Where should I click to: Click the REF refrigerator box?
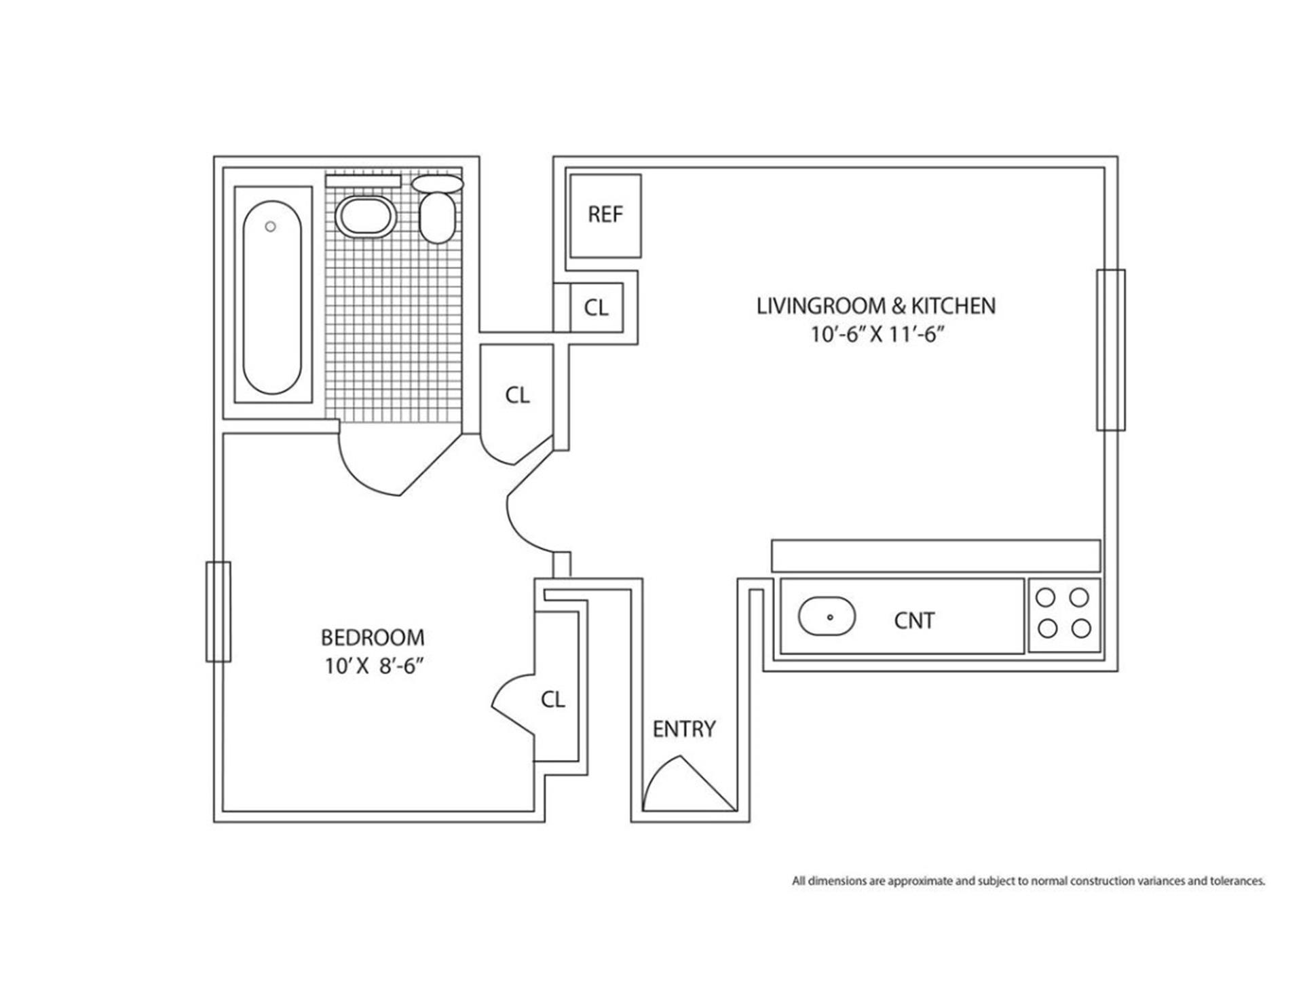(605, 216)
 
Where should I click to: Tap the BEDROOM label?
(373, 637)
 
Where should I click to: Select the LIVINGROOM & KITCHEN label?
(875, 306)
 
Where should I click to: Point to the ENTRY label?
(683, 729)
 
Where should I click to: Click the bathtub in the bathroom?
(272, 297)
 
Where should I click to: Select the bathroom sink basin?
(366, 217)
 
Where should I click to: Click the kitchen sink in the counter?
(827, 616)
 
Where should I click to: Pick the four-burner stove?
(1063, 614)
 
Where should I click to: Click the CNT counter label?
(914, 620)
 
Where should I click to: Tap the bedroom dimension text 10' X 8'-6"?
(373, 666)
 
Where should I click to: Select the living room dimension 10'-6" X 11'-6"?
(877, 335)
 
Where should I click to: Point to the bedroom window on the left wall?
(219, 611)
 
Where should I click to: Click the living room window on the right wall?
(1110, 350)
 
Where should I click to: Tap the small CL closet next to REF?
(596, 308)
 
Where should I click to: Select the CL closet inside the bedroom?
(553, 699)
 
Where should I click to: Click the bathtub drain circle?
(271, 227)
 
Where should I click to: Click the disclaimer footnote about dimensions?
(1028, 881)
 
